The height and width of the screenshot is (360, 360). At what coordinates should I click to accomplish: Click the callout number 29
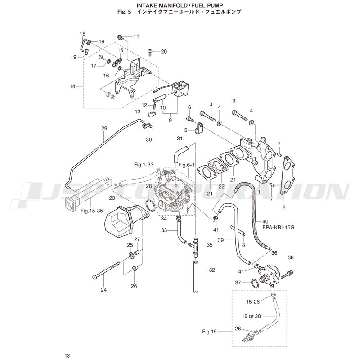click(104, 128)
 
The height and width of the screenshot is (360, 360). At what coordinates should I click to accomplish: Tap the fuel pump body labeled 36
click(269, 274)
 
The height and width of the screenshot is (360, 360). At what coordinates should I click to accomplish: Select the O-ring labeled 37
click(255, 283)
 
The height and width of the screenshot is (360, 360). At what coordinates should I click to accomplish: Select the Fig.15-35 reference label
click(92, 211)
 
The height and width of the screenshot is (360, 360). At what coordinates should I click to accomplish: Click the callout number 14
click(72, 86)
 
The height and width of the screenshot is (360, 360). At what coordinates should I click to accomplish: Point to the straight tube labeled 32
click(195, 276)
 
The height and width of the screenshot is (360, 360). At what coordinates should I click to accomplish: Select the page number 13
click(67, 355)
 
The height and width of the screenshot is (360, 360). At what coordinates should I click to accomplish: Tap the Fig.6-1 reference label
click(186, 165)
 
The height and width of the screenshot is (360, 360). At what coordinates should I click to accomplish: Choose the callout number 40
click(265, 221)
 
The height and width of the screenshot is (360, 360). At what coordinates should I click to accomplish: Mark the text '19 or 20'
click(251, 316)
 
